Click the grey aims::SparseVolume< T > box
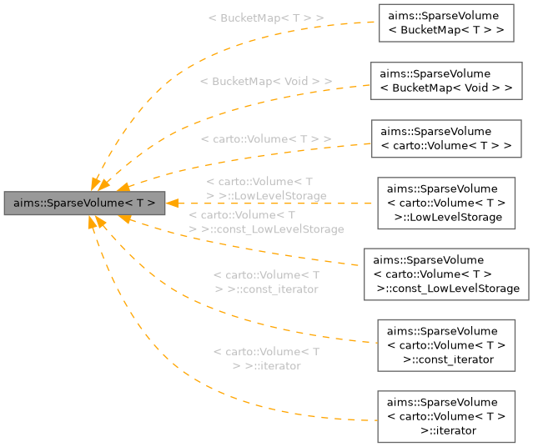point(84,203)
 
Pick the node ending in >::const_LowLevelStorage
point(445,274)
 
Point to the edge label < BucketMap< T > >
point(265,17)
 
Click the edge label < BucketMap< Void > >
point(265,81)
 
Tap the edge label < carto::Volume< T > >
point(265,138)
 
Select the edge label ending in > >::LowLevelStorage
point(265,188)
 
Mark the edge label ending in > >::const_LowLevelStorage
point(265,222)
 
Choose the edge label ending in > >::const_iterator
point(265,281)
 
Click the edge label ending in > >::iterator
point(265,359)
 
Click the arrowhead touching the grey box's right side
point(173,203)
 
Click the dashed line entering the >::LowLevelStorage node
point(350,203)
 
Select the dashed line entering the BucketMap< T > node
point(350,24)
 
